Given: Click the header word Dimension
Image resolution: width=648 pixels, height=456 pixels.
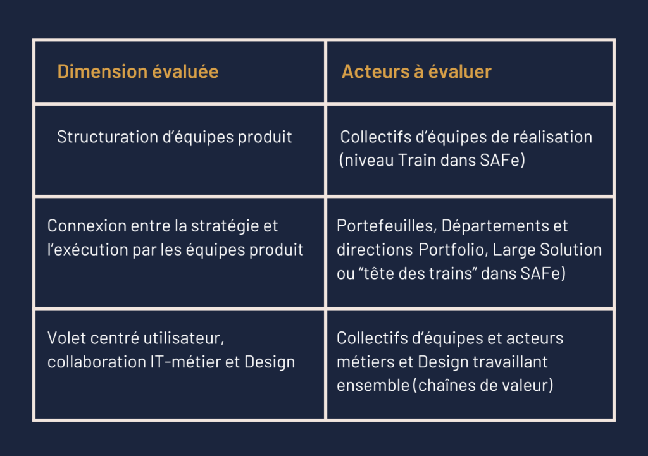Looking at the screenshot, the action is pos(103,71).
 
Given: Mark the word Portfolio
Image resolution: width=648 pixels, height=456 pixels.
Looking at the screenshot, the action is pos(452,250).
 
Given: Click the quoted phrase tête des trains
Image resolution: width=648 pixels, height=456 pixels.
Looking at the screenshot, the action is pos(416,273).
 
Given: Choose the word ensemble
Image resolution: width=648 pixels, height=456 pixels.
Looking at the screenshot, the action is pos(373,386).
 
